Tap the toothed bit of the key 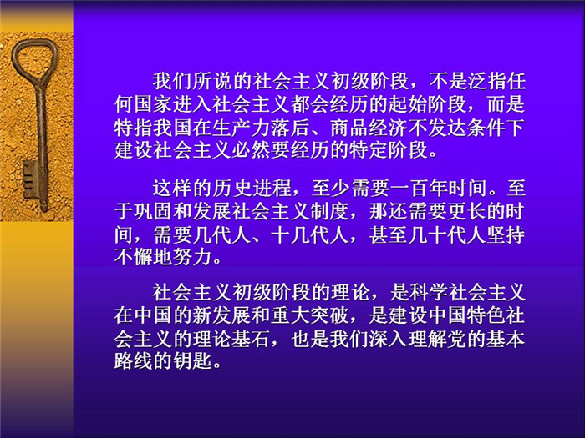(31, 179)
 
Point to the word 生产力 (241, 128)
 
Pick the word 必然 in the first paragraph (251, 150)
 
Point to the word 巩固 (153, 211)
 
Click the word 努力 (192, 257)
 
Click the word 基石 (251, 338)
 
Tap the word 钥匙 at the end (192, 361)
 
